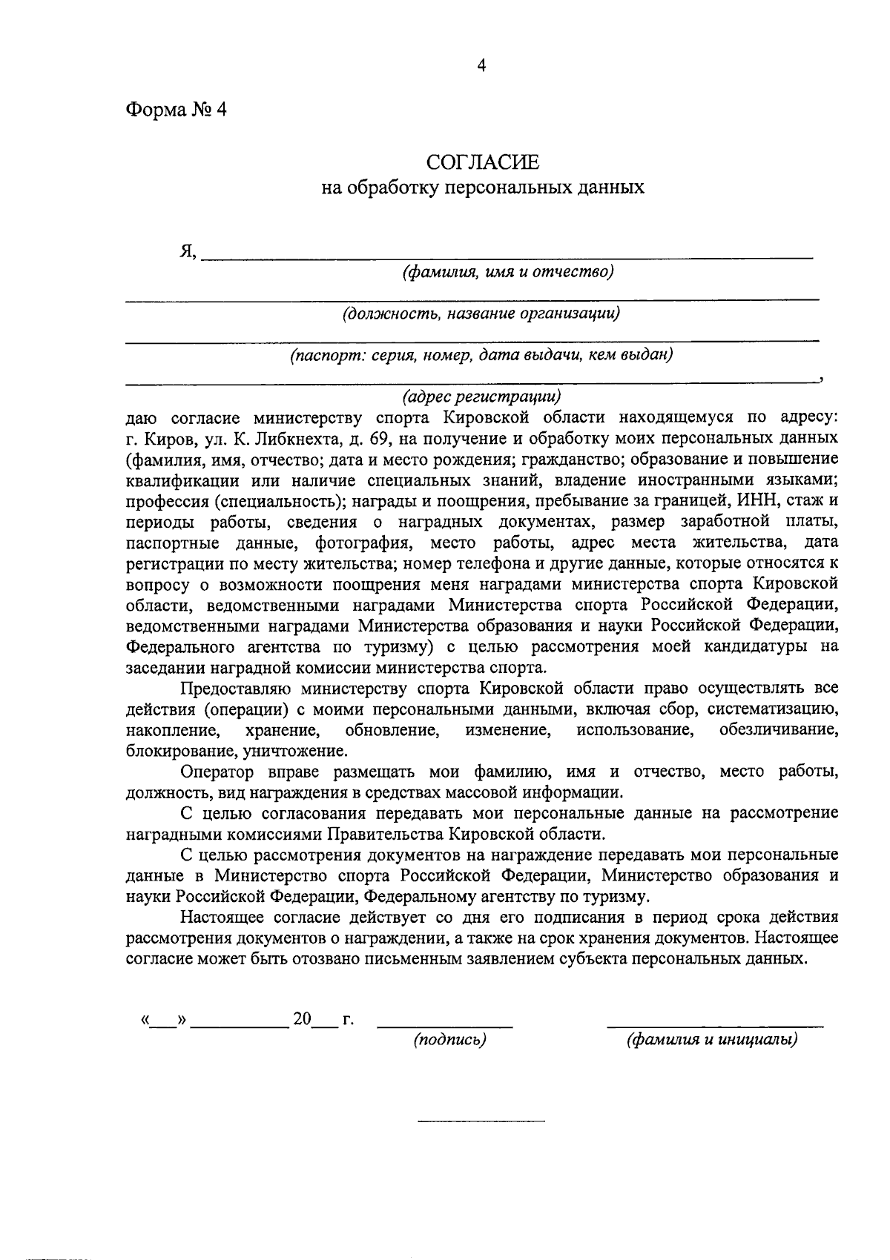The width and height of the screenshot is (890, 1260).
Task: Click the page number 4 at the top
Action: (x=481, y=66)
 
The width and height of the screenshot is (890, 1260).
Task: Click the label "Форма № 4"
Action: (x=175, y=110)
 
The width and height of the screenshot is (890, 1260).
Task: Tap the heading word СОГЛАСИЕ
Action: (x=482, y=162)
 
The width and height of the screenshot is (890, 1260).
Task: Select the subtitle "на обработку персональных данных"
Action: (x=482, y=188)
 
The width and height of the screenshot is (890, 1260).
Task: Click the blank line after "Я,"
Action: (x=507, y=256)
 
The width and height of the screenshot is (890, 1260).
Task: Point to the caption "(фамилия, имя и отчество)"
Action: (x=507, y=272)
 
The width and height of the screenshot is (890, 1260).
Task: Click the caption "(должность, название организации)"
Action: (x=481, y=314)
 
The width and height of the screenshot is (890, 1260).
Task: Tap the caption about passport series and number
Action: (x=481, y=355)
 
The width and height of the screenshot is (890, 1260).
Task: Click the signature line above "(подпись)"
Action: (x=445, y=1026)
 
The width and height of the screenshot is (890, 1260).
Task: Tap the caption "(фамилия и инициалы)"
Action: (x=712, y=1040)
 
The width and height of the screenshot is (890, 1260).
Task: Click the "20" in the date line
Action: (x=302, y=1019)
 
